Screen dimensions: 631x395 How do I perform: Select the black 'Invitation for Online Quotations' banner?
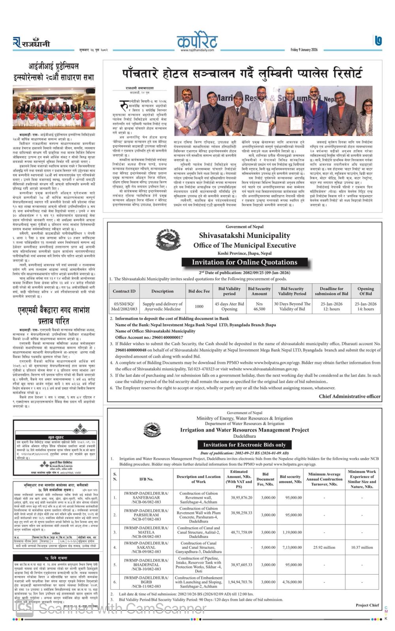click(x=245, y=262)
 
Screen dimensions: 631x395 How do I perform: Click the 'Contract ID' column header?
click(x=124, y=291)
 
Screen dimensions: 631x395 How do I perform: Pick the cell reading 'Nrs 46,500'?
click(x=259, y=306)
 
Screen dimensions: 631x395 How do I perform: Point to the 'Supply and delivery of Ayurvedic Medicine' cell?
click(x=162, y=306)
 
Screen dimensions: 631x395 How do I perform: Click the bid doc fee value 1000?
click(x=199, y=306)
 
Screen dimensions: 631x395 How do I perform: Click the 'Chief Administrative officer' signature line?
click(x=350, y=396)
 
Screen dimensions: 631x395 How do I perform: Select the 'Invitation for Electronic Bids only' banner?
click(x=245, y=444)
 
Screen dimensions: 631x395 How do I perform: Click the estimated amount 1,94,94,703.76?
click(x=239, y=582)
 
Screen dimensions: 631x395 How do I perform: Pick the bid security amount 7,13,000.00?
click(x=290, y=547)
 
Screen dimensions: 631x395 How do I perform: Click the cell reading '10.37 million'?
click(x=362, y=547)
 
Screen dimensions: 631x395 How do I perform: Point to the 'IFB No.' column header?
click(x=146, y=479)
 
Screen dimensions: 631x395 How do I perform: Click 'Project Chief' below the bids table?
click(x=367, y=605)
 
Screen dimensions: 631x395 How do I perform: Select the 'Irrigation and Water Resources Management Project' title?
click(x=245, y=430)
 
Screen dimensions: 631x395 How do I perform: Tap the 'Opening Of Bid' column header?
click(x=365, y=291)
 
